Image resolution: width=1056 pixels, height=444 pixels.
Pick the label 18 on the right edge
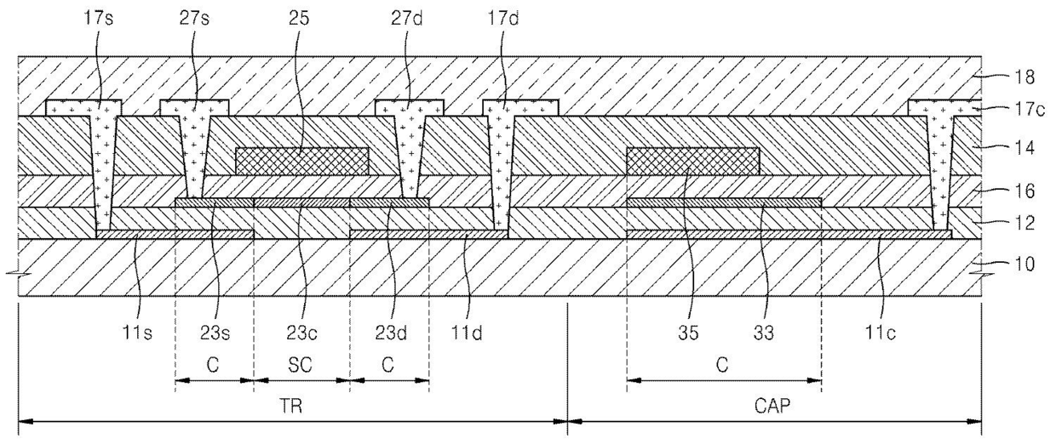point(1025,78)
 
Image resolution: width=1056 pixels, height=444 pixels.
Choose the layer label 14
point(1025,148)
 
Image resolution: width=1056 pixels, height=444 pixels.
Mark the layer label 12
point(1025,224)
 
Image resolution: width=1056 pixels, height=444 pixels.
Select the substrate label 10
point(1025,264)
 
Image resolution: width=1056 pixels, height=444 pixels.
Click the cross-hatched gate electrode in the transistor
point(301,160)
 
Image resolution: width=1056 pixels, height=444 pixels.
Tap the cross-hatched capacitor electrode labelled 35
point(692,160)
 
